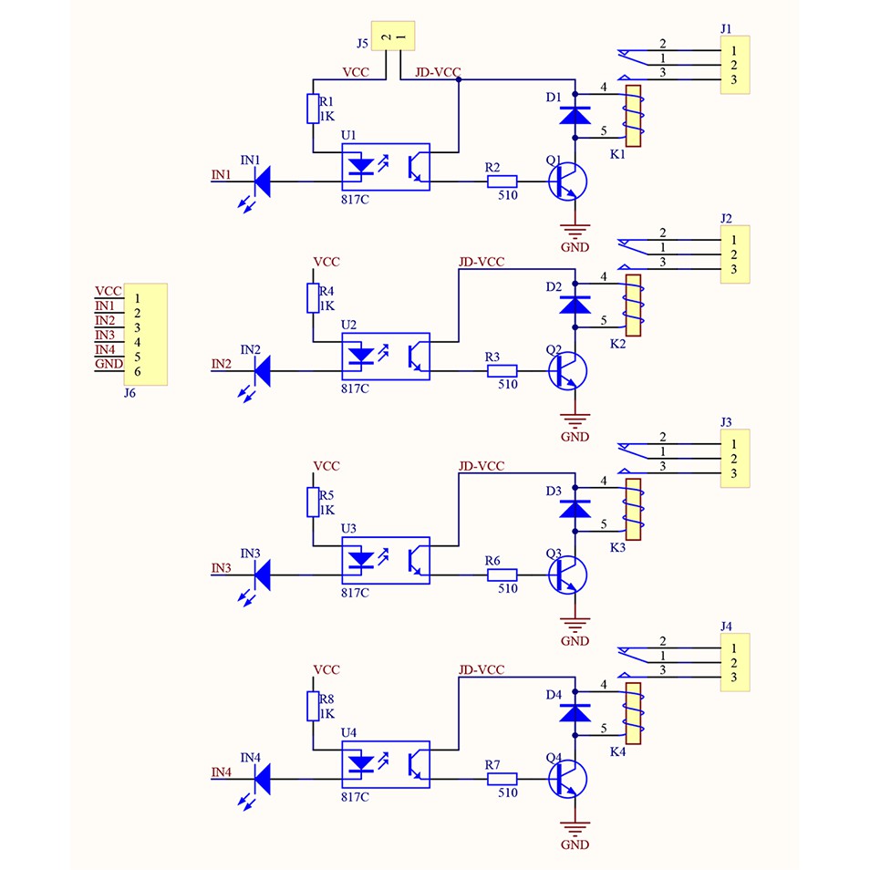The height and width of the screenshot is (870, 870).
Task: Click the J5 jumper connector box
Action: tap(393, 36)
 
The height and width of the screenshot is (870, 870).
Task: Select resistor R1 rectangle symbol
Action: tap(313, 109)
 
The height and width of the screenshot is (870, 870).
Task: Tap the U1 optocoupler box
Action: tap(386, 167)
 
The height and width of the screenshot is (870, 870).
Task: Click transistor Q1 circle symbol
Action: tap(567, 181)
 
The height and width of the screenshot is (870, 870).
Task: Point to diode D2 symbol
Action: tap(575, 305)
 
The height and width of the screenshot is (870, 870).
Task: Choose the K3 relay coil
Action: tap(633, 510)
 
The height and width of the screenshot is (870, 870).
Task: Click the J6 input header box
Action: tap(145, 335)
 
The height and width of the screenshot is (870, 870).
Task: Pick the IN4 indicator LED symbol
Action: tap(262, 779)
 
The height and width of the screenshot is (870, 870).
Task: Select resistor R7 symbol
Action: tap(502, 779)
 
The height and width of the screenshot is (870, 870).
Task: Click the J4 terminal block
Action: tap(735, 662)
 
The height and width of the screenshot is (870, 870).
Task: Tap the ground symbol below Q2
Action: tap(575, 420)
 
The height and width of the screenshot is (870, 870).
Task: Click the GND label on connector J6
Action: tap(109, 364)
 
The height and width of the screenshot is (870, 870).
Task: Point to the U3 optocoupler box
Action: tap(386, 561)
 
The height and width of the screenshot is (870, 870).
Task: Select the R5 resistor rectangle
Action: tap(313, 502)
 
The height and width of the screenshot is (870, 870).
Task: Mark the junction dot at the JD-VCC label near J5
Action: tap(459, 79)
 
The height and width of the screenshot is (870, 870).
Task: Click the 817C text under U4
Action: tap(355, 797)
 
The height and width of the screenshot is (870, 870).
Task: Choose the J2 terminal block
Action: tap(735, 254)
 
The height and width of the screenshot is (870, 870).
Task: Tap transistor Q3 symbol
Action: tap(567, 575)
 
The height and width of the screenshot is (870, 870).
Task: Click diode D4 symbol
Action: tap(575, 712)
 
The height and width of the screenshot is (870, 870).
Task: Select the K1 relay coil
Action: tap(633, 116)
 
